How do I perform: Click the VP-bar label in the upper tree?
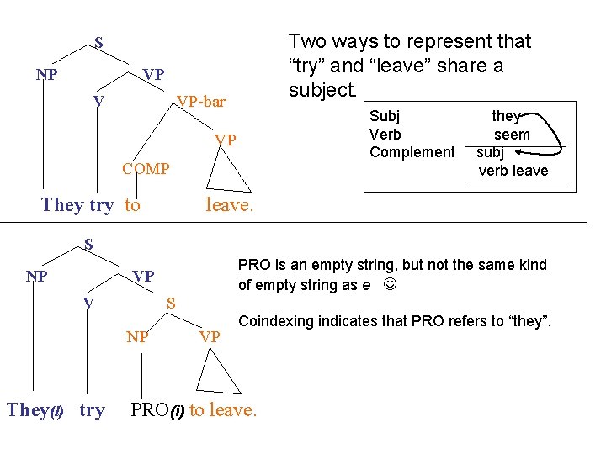(x=200, y=102)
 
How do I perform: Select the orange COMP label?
(x=146, y=169)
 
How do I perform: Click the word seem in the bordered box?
(x=512, y=135)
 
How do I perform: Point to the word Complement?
(x=412, y=152)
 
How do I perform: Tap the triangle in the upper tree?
(x=229, y=174)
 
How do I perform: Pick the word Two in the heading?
(x=306, y=41)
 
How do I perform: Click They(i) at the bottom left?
(x=35, y=410)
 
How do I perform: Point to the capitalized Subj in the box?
(x=385, y=117)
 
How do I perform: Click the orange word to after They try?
(x=132, y=204)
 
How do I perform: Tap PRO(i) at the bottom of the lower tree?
(x=157, y=410)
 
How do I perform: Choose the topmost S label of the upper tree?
(x=98, y=41)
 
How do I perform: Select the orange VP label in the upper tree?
(x=225, y=140)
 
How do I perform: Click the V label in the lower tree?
(x=88, y=302)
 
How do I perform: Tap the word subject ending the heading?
(x=322, y=90)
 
